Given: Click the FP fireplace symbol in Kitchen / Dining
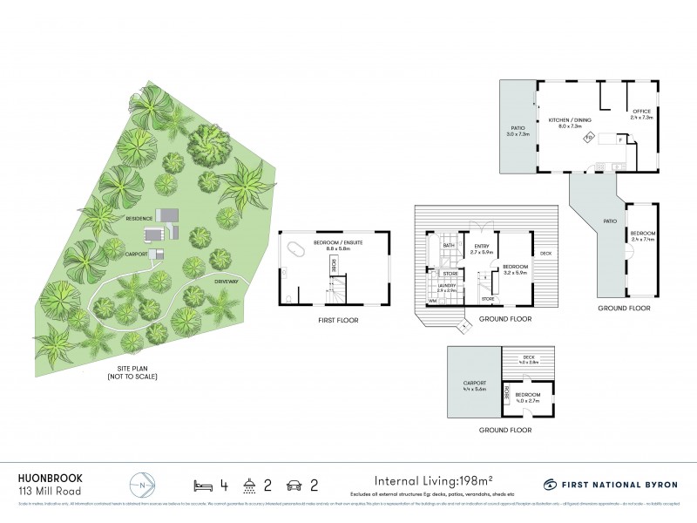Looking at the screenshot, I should [x=589, y=138].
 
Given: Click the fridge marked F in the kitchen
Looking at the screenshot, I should [x=619, y=139].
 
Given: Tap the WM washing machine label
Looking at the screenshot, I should [x=431, y=302].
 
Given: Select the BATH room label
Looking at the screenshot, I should [x=449, y=247].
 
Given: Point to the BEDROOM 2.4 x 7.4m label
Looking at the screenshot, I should [x=643, y=236].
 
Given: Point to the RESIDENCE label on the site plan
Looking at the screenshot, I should [x=139, y=218].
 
